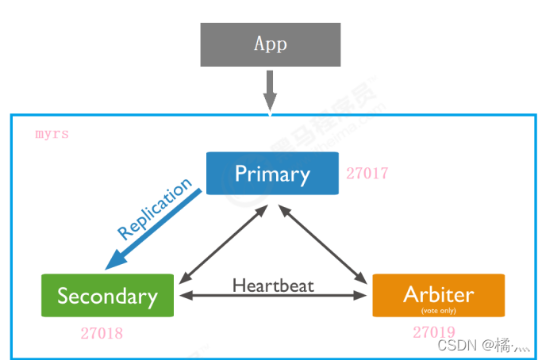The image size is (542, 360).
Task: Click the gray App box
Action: click(270, 44)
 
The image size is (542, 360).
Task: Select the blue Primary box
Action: click(272, 173)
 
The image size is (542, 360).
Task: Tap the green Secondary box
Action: click(107, 296)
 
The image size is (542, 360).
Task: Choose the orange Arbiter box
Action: click(438, 296)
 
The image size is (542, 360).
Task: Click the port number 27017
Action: click(367, 173)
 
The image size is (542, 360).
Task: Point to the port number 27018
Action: click(102, 333)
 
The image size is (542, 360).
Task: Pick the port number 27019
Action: click(434, 332)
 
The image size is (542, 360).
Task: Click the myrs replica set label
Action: click(52, 133)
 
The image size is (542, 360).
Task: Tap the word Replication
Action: click(156, 209)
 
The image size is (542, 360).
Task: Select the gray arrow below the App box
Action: click(270, 90)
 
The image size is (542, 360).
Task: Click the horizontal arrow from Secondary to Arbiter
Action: click(273, 297)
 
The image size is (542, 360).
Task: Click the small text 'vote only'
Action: click(438, 310)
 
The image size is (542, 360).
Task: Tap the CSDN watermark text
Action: click(484, 345)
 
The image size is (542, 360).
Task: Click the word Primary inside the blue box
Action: click(272, 173)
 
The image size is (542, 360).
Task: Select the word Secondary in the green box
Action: click(107, 297)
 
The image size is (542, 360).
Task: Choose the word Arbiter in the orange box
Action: click(438, 293)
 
